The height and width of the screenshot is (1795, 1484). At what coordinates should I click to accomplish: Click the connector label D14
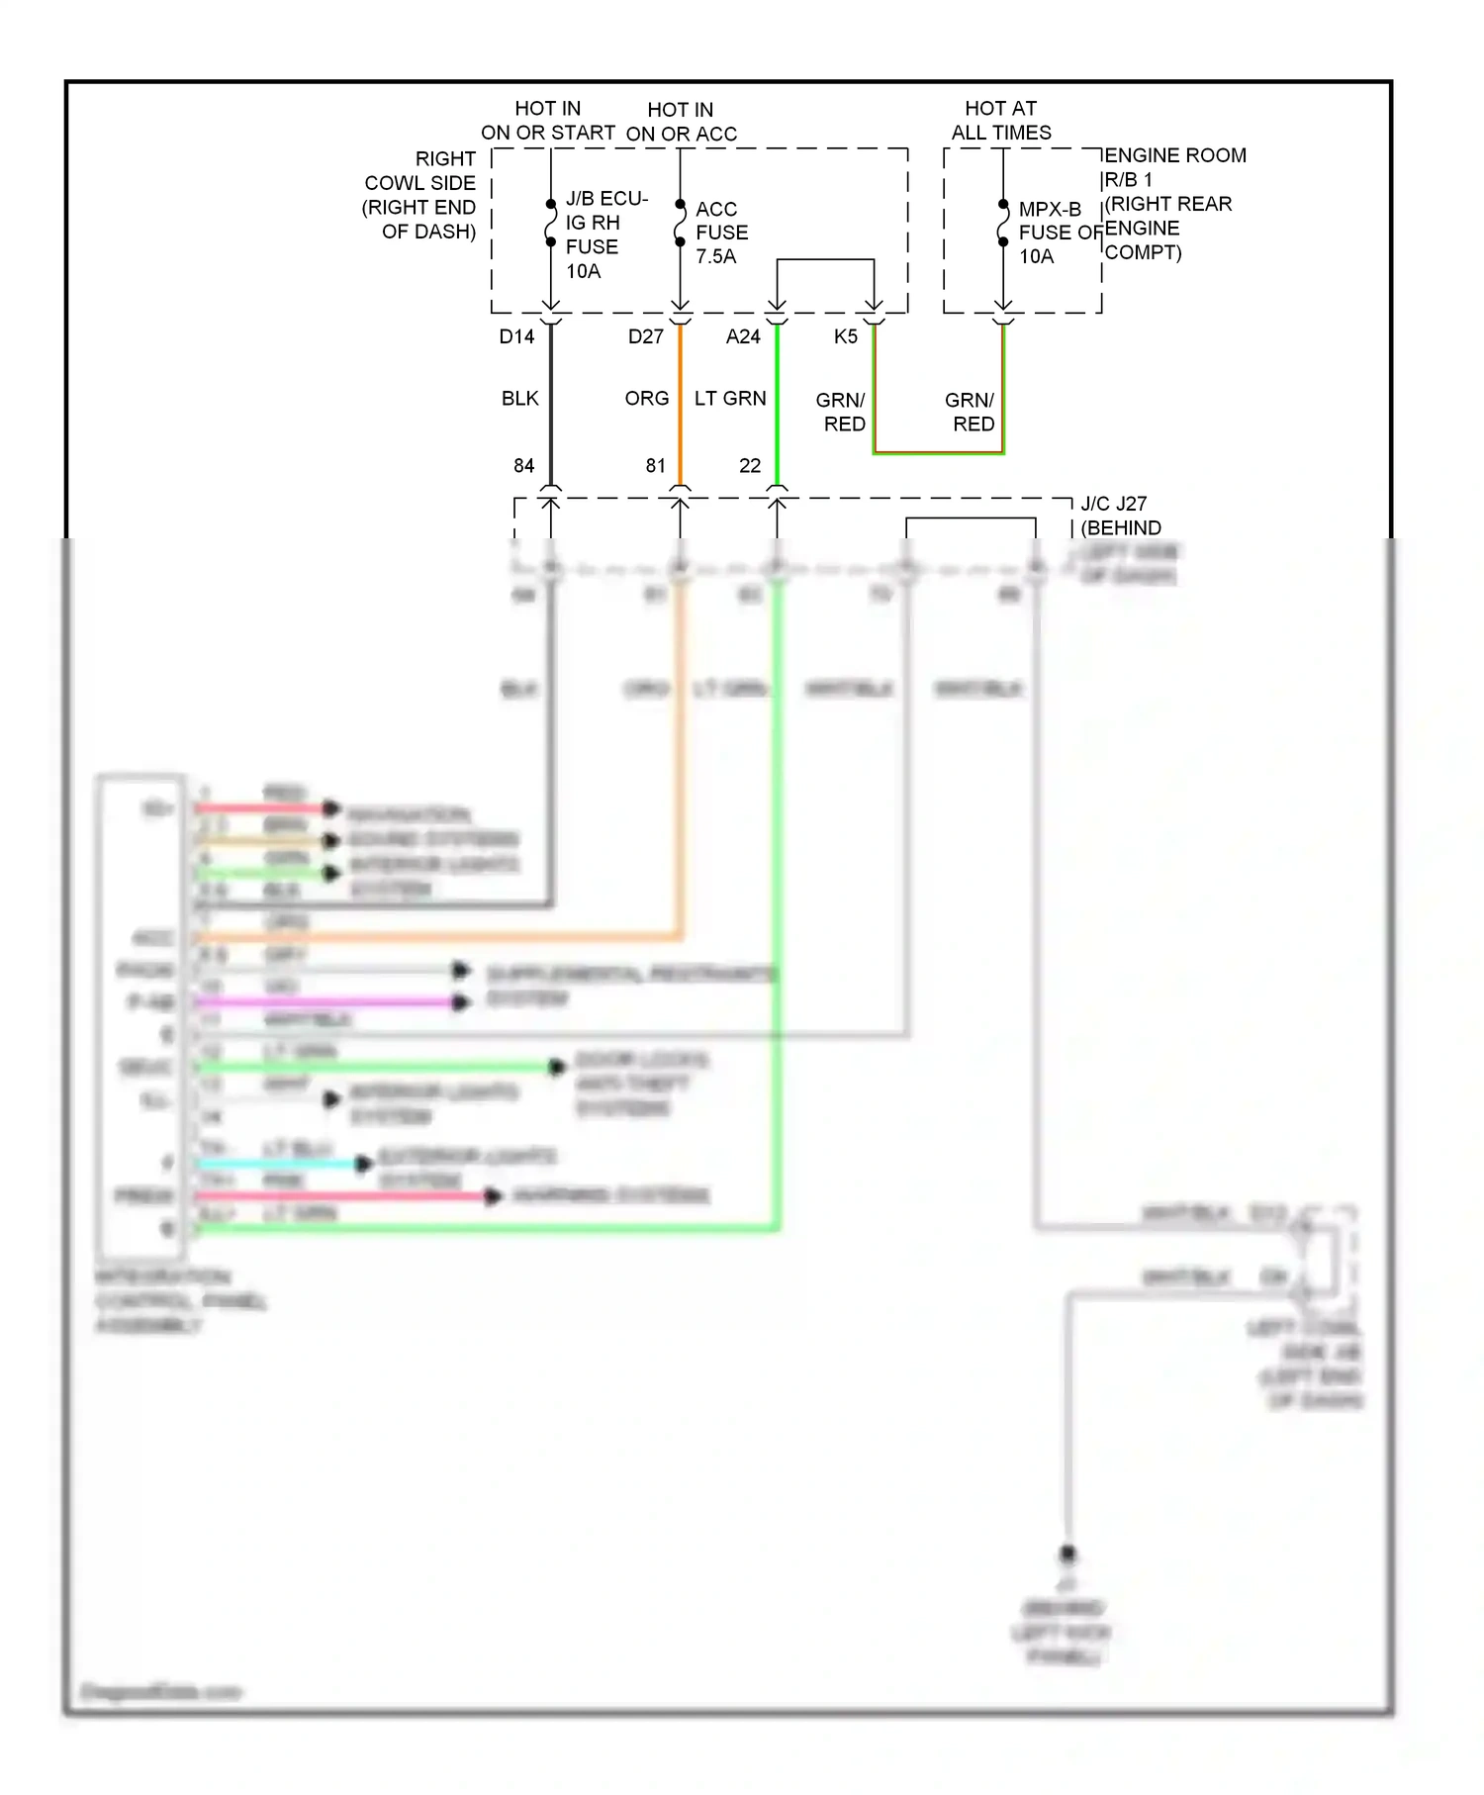(516, 336)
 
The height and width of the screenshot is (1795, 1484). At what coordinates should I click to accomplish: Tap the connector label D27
(645, 336)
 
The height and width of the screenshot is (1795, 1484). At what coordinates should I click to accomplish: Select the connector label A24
(743, 336)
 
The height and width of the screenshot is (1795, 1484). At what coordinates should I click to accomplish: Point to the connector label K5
(845, 336)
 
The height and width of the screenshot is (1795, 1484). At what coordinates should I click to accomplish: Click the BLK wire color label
(519, 398)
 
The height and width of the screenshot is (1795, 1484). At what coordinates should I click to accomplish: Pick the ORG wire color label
(646, 398)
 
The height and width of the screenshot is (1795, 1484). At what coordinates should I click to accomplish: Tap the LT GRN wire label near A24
(730, 398)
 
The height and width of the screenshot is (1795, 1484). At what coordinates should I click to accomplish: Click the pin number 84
(523, 465)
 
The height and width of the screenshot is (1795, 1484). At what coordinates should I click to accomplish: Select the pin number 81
(655, 465)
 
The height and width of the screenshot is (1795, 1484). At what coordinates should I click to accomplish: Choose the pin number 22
(750, 465)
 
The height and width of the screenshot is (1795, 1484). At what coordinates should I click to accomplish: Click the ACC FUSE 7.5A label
(721, 233)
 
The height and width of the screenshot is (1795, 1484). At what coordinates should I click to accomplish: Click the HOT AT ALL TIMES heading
(1001, 120)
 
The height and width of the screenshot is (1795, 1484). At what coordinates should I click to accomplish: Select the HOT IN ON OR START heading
(548, 120)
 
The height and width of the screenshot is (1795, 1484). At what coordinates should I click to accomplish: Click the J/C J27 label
(1114, 504)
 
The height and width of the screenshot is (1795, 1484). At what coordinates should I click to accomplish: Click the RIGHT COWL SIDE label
(421, 195)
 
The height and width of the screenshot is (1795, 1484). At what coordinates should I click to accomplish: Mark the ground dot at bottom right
(1067, 1554)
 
